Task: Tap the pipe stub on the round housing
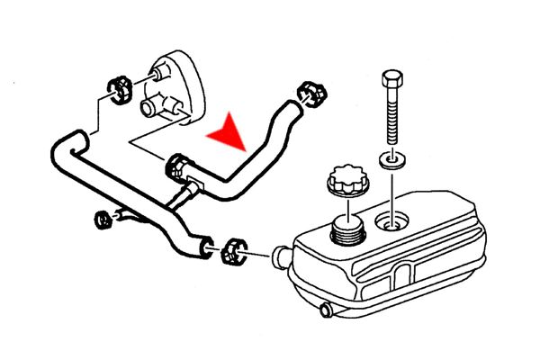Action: point(149,111)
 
